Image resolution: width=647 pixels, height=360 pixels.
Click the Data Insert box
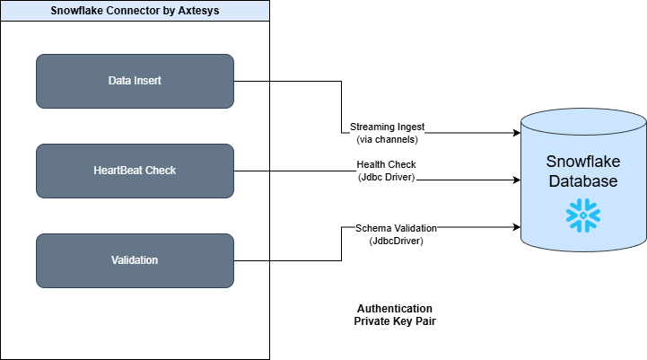(x=135, y=81)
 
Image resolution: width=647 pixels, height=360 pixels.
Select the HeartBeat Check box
(x=135, y=171)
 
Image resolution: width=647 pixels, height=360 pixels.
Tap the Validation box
(x=135, y=260)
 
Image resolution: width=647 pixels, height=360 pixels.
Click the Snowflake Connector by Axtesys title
(x=134, y=11)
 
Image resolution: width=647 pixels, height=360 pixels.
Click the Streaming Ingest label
(x=387, y=127)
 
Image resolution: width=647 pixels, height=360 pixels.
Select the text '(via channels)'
(x=387, y=140)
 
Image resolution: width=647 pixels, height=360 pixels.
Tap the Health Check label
(x=386, y=165)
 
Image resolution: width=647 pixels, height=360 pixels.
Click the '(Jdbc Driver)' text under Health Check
(x=386, y=177)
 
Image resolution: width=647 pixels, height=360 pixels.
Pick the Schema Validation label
(x=396, y=229)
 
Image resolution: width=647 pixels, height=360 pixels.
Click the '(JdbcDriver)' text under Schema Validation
(x=396, y=241)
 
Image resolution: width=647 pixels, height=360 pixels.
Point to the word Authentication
(x=395, y=308)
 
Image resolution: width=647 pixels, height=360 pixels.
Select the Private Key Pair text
(x=395, y=320)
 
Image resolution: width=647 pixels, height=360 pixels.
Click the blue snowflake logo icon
(x=582, y=215)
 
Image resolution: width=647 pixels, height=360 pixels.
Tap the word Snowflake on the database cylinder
(x=582, y=162)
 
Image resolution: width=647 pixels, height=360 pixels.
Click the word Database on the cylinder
(x=582, y=181)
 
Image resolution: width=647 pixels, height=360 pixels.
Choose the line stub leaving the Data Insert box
(x=252, y=81)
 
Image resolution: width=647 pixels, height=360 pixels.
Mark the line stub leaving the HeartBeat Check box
(x=252, y=171)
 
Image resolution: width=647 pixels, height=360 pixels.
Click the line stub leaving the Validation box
(x=252, y=260)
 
